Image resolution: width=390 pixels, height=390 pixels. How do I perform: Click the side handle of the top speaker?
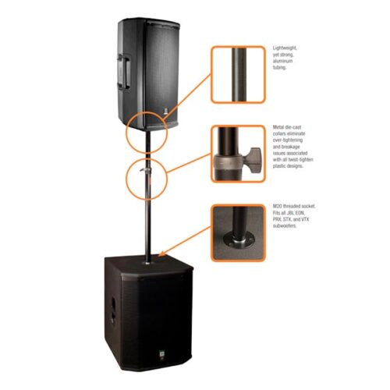coord(124,72)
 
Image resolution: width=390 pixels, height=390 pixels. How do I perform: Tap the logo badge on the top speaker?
coord(165,112)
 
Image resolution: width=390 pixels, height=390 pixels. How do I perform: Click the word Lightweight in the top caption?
coord(285,48)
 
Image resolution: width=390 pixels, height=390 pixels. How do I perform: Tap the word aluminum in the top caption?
coord(282,61)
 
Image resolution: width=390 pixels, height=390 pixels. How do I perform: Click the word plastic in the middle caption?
coord(280,166)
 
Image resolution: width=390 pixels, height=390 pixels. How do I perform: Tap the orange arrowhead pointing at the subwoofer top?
coord(161,253)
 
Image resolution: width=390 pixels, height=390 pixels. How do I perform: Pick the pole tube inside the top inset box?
coord(239,74)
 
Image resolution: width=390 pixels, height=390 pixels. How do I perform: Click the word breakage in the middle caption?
coord(290,147)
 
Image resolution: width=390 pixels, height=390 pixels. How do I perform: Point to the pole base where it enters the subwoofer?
coord(147,263)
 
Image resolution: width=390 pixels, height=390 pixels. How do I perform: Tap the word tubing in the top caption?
coord(279,68)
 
